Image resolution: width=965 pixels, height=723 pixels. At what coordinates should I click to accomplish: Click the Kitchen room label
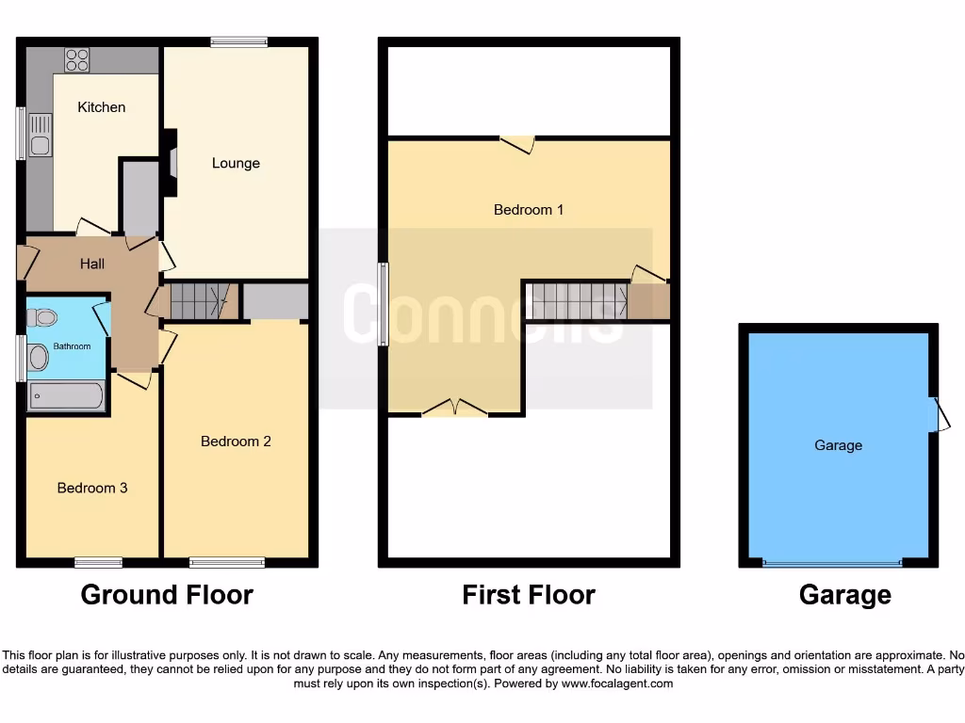point(101,107)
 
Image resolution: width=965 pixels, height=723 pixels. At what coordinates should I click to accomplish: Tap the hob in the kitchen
point(76,59)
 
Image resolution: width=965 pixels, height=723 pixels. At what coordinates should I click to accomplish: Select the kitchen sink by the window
point(41,135)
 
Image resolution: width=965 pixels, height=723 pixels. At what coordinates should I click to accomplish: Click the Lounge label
point(236,163)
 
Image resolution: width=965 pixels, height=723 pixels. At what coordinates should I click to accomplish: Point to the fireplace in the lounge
point(171,163)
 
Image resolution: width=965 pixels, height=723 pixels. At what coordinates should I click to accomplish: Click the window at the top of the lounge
point(238,41)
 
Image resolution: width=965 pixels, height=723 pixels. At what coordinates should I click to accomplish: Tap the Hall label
point(92,265)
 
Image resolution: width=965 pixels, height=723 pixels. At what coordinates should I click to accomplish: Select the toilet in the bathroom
point(41,317)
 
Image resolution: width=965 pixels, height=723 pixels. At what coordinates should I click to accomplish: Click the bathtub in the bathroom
point(65,395)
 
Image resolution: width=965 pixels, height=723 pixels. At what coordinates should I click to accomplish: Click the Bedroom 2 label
point(236,441)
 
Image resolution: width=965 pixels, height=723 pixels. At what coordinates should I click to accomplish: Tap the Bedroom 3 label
point(92,488)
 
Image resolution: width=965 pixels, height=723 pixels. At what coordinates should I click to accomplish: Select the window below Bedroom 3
point(99,563)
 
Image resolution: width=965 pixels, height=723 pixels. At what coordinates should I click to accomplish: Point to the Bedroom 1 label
point(529,210)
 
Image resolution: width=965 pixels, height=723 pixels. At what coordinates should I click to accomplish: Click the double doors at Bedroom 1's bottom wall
point(454,409)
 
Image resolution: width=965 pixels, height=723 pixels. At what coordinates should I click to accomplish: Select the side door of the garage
point(939,414)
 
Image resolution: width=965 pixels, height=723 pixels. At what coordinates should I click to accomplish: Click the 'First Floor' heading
point(529,595)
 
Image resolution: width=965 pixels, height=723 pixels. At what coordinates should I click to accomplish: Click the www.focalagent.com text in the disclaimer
point(618,683)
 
